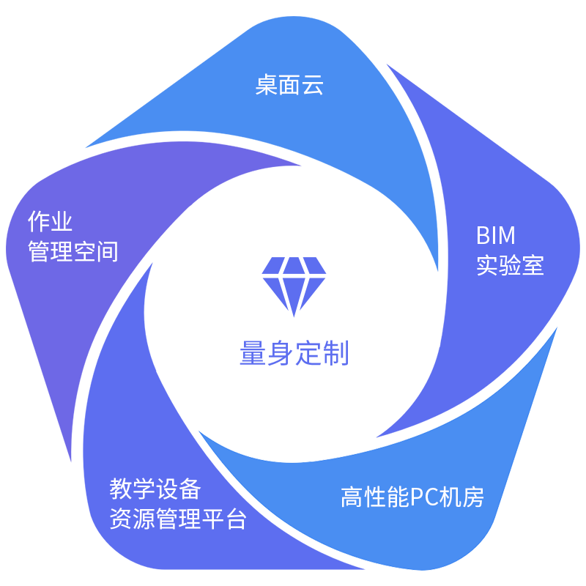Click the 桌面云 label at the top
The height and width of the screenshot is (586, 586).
pyautogui.click(x=289, y=86)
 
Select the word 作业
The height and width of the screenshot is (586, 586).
pyautogui.click(x=51, y=221)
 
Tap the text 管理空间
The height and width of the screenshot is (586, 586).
pyautogui.click(x=73, y=252)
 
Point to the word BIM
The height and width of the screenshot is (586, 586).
pyautogui.click(x=496, y=235)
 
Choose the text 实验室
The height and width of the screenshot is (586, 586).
pyautogui.click(x=510, y=265)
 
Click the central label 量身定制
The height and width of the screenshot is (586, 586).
pyautogui.click(x=292, y=354)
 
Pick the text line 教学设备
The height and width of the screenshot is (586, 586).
pyautogui.click(x=155, y=489)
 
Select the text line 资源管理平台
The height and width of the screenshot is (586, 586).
pyautogui.click(x=178, y=519)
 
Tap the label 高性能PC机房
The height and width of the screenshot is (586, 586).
pyautogui.click(x=412, y=497)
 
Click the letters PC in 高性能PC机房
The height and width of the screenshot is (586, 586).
pyautogui.click(x=423, y=497)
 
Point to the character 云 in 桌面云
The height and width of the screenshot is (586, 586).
pyautogui.click(x=313, y=86)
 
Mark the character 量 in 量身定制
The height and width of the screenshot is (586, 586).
pyautogui.click(x=252, y=354)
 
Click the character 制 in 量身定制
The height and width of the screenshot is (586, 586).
pyautogui.click(x=332, y=354)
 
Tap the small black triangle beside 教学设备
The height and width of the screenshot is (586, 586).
pyautogui.click(x=234, y=483)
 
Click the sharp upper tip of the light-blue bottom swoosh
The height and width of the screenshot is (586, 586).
pyautogui.click(x=557, y=327)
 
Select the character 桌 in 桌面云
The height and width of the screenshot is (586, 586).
pyautogui.click(x=267, y=86)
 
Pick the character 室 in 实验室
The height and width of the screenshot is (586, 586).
pyautogui.click(x=533, y=265)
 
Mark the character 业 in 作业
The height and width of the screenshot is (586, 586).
pyautogui.click(x=62, y=221)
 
